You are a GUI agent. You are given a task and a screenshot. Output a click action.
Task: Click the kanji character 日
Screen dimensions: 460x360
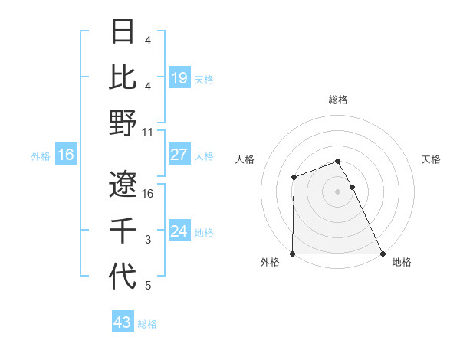click(123, 33)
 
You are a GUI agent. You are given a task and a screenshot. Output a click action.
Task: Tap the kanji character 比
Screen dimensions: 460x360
click(123, 77)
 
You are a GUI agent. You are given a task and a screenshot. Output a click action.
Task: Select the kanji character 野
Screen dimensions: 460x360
click(123, 123)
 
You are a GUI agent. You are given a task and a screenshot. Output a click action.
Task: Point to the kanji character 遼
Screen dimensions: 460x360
click(123, 184)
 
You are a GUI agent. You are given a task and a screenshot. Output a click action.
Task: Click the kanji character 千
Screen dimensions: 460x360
click(123, 230)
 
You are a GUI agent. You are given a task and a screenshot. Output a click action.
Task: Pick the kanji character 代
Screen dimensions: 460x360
click(123, 276)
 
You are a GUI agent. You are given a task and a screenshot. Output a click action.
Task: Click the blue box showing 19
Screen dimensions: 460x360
click(179, 77)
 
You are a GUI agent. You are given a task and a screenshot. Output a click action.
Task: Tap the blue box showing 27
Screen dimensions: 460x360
click(179, 155)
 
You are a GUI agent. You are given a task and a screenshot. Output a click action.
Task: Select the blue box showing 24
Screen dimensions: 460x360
click(179, 231)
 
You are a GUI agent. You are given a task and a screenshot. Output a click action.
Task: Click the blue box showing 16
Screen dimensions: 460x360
click(66, 155)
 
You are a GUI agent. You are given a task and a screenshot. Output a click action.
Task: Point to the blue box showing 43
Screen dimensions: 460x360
click(123, 322)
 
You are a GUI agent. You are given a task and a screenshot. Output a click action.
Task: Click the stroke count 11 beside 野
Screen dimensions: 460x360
click(148, 132)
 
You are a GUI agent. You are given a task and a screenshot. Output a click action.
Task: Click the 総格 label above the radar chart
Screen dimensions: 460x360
click(338, 100)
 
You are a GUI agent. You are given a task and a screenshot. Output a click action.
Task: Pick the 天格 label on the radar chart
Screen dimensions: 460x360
click(432, 159)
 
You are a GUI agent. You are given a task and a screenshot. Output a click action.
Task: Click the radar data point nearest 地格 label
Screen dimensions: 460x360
click(383, 254)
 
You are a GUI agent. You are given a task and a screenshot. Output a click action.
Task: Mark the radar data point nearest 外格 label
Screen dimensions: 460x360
click(293, 254)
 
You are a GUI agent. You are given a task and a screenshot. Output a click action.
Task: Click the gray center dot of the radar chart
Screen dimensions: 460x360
click(338, 191)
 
